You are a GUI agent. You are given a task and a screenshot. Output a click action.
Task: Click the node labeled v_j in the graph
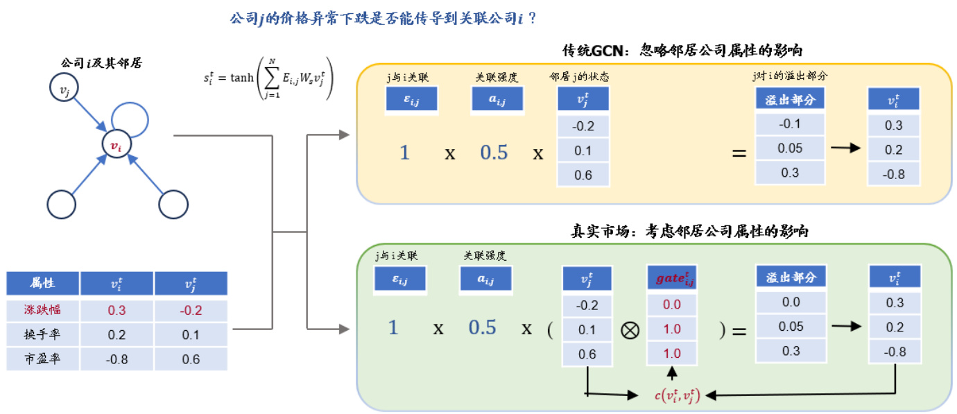(64, 89)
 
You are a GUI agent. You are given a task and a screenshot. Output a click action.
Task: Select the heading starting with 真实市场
(687, 232)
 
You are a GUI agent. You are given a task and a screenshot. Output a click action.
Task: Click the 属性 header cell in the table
(43, 284)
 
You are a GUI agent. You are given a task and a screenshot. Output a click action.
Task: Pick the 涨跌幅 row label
(43, 309)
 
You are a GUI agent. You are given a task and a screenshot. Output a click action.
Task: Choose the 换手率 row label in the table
(43, 334)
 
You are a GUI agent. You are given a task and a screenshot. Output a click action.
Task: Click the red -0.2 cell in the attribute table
(190, 309)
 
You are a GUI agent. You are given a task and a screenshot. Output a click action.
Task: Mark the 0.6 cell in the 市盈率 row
(190, 359)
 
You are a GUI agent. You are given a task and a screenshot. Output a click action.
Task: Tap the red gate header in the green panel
(672, 279)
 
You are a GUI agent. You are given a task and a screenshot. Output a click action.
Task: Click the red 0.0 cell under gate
(672, 304)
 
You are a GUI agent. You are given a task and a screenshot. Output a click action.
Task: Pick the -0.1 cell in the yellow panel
(790, 123)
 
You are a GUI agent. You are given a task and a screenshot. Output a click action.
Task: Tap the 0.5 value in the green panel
(482, 327)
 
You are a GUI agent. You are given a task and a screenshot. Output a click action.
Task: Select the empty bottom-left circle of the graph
(61, 204)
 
